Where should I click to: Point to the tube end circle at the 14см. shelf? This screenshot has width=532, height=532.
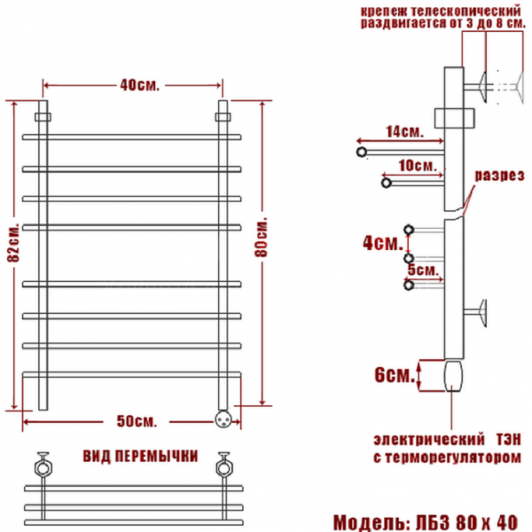362,153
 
